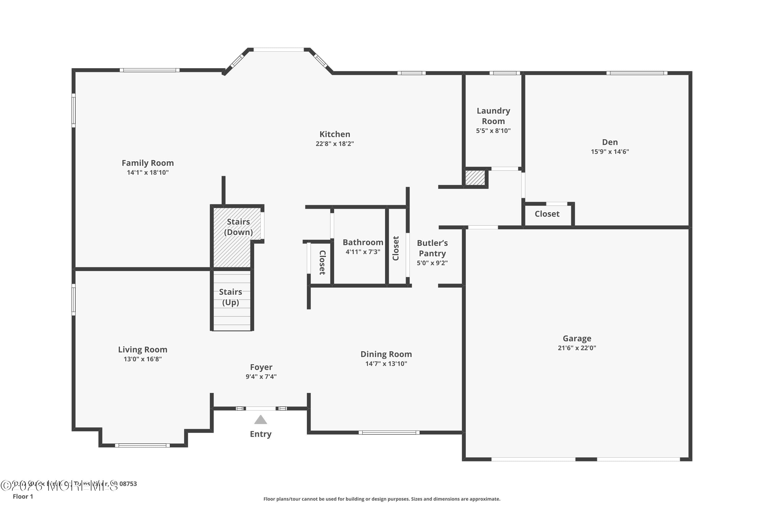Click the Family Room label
tap(147, 163)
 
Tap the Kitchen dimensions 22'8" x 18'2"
tap(335, 144)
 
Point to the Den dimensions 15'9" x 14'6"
tap(610, 152)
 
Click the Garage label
tap(577, 338)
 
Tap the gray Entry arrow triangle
tap(261, 420)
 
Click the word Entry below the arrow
tap(261, 434)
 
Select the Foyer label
tap(261, 367)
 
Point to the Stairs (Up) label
tap(231, 297)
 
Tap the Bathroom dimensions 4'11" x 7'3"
tap(363, 252)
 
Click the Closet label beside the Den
tap(547, 214)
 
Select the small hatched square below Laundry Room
tap(475, 178)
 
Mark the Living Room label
tap(143, 350)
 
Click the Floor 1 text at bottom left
tap(23, 496)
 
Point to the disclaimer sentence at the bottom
tap(382, 499)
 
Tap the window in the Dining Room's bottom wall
tap(389, 432)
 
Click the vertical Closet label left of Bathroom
tap(322, 262)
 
